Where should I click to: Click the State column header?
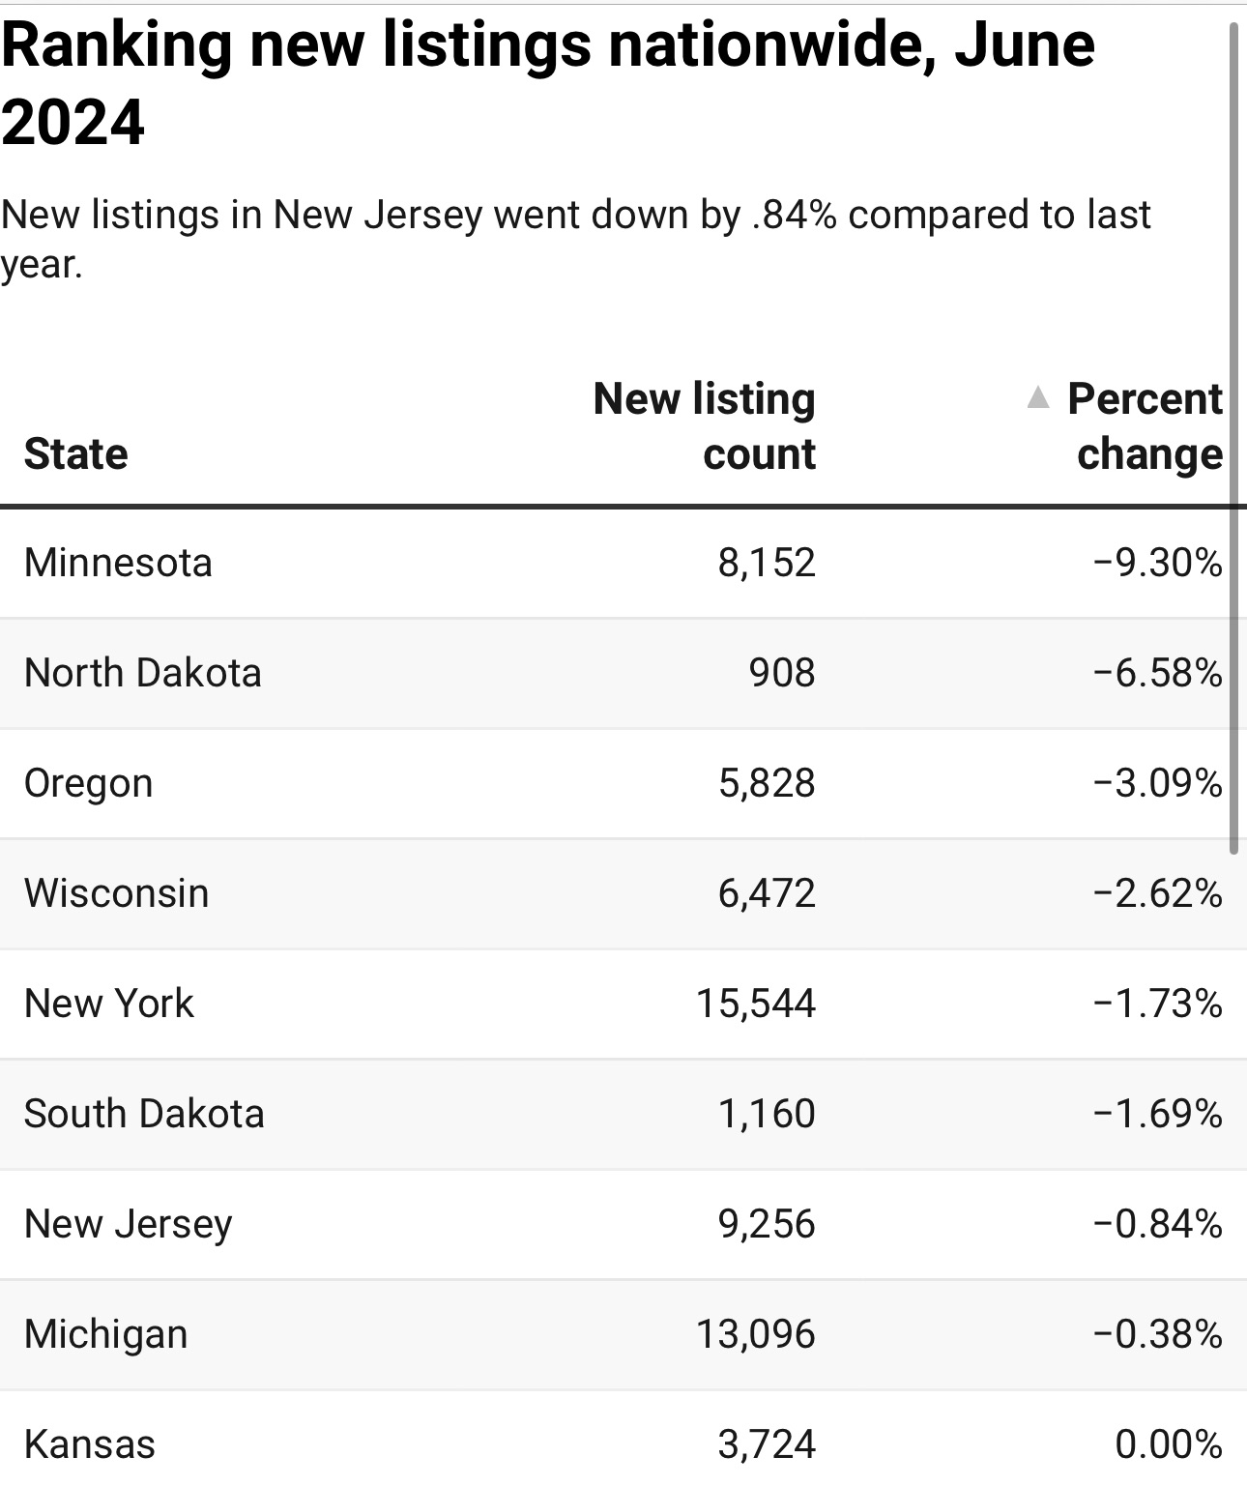click(x=75, y=453)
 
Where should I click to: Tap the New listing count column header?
click(x=705, y=425)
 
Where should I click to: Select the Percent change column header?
click(x=1145, y=425)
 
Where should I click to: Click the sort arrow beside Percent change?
click(x=1037, y=397)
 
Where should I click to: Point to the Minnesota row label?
click(x=118, y=563)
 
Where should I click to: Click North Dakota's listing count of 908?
click(x=781, y=673)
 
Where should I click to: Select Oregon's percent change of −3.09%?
click(x=1157, y=783)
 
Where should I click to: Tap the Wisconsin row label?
click(x=116, y=893)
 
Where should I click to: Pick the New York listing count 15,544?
click(x=756, y=1004)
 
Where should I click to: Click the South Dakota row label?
click(x=144, y=1114)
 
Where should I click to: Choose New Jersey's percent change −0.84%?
click(x=1157, y=1224)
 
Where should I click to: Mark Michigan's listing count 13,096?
click(x=756, y=1334)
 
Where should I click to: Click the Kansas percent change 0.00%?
click(x=1168, y=1444)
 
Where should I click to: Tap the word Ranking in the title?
click(x=116, y=45)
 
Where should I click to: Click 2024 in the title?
click(x=72, y=123)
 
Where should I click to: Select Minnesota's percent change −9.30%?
click(x=1157, y=563)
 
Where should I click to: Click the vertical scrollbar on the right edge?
click(x=1233, y=435)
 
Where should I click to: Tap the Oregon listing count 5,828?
click(x=767, y=783)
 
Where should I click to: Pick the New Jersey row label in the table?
click(x=128, y=1224)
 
